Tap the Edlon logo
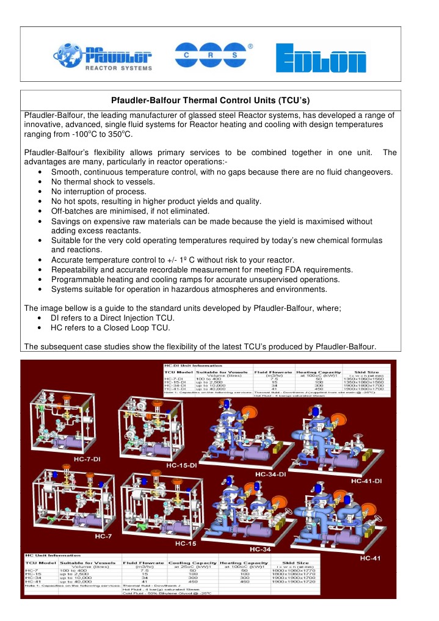click(323, 59)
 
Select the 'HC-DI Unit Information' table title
click(181, 365)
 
